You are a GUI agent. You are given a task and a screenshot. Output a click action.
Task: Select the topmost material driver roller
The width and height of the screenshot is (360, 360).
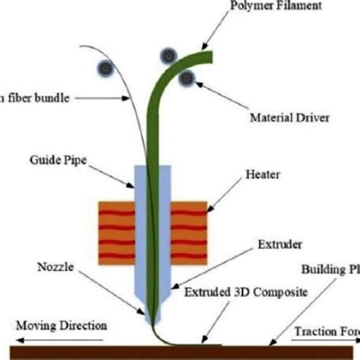[167, 54]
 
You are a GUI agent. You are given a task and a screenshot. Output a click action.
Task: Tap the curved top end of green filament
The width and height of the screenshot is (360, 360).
[207, 55]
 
